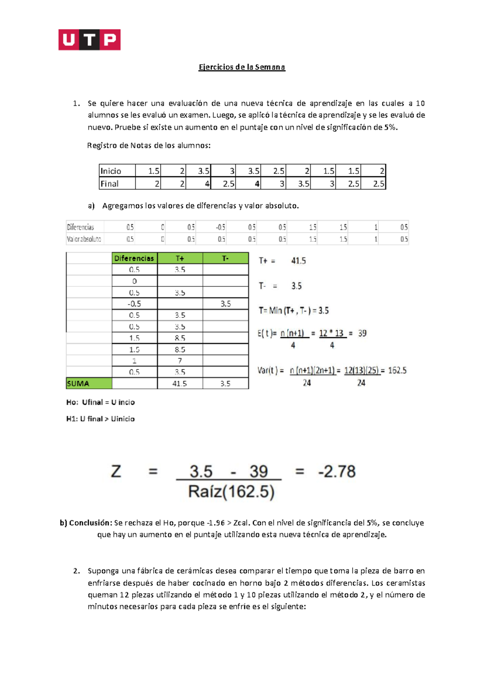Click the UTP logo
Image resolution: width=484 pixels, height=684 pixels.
click(89, 40)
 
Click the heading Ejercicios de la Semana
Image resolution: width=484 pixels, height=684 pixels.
click(242, 67)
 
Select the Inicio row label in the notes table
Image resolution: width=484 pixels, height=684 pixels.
click(111, 171)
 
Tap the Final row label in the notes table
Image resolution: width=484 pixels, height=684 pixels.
click(110, 184)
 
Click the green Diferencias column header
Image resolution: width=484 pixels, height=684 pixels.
click(134, 258)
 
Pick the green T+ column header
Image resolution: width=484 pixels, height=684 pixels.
click(180, 258)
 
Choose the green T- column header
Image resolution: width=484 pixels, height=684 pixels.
click(225, 258)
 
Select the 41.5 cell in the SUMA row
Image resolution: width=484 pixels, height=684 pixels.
click(179, 384)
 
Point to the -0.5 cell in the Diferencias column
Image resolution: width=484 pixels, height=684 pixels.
click(134, 304)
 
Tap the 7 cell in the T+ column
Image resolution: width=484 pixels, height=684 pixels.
click(180, 361)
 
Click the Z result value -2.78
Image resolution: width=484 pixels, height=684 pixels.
click(337, 471)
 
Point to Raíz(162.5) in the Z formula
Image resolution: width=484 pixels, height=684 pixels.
click(231, 492)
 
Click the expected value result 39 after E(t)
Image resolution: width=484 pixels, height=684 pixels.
click(362, 334)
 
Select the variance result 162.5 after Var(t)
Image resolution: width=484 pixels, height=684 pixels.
click(397, 371)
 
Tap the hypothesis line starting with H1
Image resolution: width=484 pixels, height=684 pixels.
click(100, 419)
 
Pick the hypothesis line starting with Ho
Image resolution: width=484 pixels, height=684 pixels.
click(100, 402)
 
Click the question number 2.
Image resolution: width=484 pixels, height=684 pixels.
click(76, 571)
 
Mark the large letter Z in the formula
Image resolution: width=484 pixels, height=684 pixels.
click(116, 471)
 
